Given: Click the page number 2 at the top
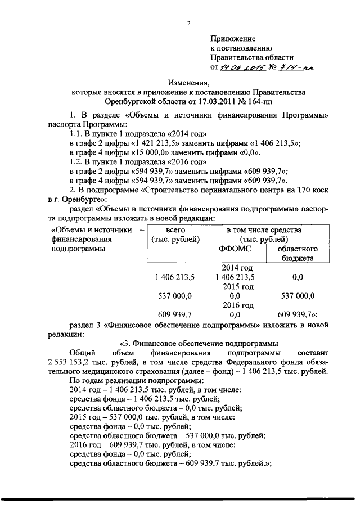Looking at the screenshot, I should (x=189, y=23).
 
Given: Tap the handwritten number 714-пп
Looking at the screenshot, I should (x=296, y=67).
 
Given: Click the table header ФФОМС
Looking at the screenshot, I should (x=233, y=249).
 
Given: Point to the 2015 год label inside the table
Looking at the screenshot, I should (x=237, y=286).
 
